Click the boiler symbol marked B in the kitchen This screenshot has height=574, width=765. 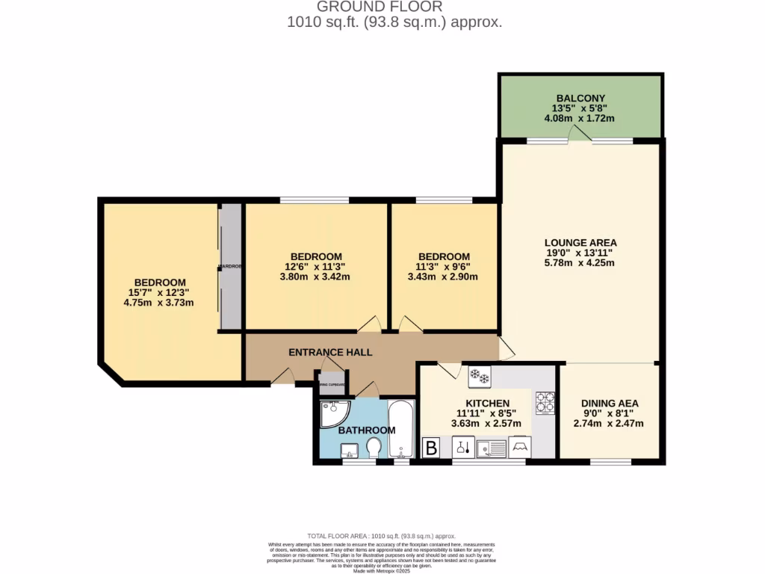[431, 448]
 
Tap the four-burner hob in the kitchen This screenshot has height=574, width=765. [545, 403]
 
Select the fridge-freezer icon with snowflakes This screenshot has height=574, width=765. [479, 377]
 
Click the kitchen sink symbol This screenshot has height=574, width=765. [492, 448]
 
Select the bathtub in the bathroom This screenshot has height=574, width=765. [401, 429]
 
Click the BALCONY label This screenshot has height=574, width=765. [580, 98]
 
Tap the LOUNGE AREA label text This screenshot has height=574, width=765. [580, 242]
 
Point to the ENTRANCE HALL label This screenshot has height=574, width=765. [330, 352]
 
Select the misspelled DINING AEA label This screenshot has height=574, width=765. [610, 403]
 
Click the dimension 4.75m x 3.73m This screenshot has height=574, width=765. [158, 303]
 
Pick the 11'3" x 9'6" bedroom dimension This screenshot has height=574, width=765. [444, 267]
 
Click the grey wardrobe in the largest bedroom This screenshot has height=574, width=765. [231, 267]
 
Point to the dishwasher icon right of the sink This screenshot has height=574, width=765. [520, 448]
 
